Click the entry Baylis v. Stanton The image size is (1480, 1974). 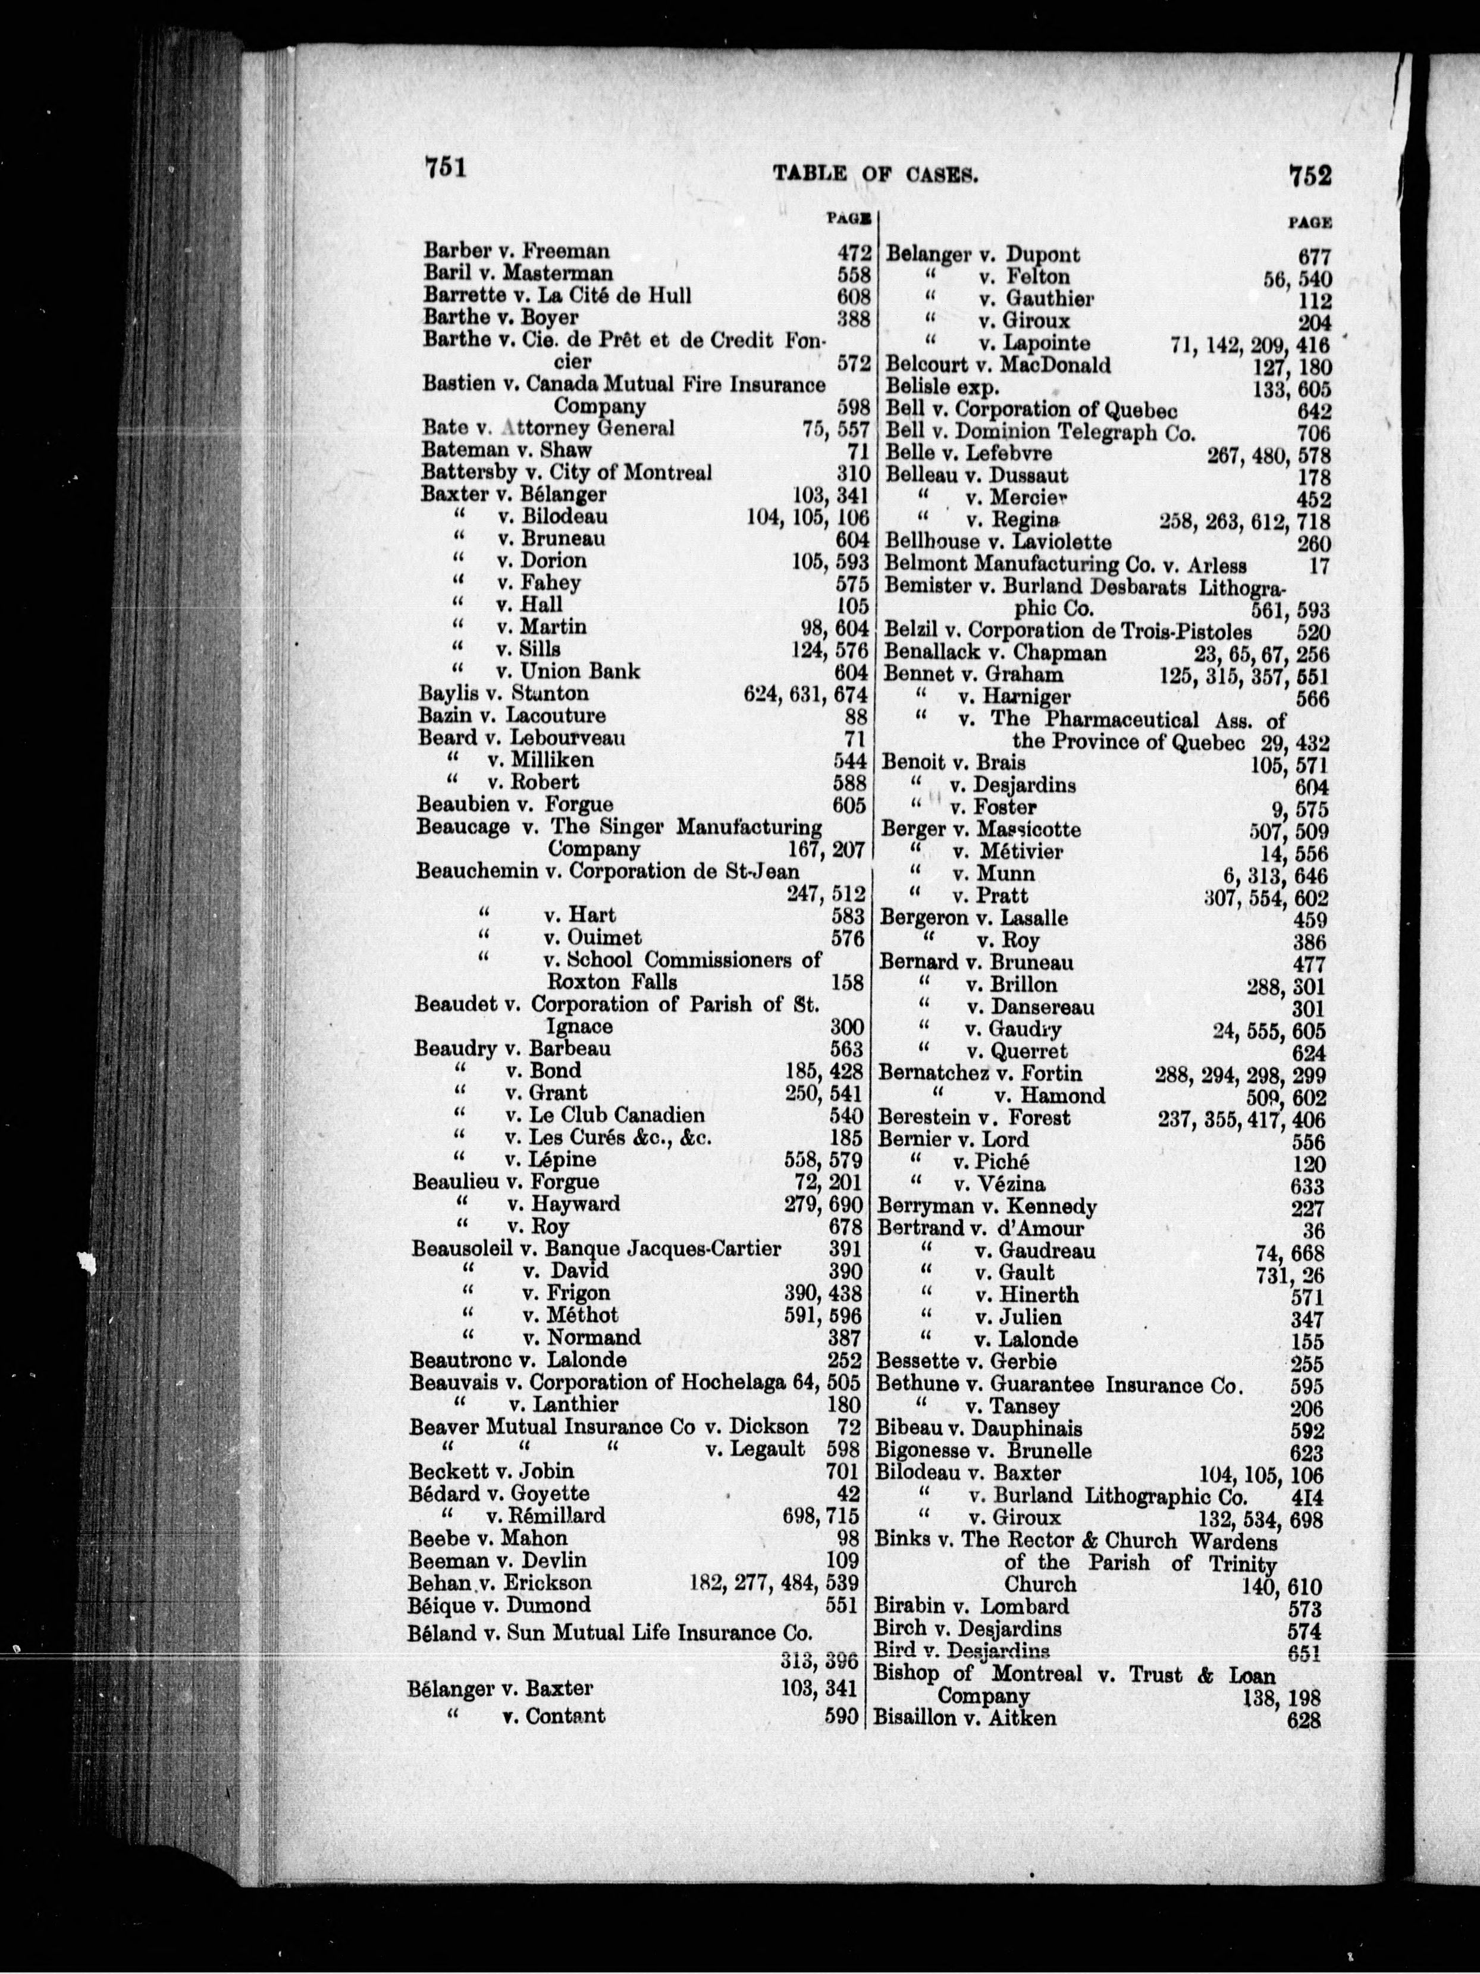503,693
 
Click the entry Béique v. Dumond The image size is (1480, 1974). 500,1605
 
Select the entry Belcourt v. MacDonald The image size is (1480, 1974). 998,365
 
